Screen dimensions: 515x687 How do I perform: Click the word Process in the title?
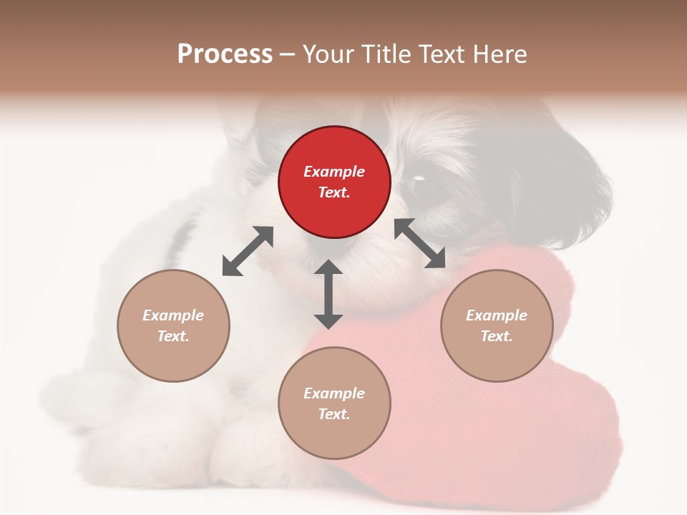(x=225, y=54)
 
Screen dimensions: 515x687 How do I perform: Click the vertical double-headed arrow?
(x=328, y=294)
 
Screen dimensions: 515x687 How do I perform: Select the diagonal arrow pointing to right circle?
(x=420, y=243)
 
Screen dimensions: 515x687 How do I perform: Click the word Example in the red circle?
(x=334, y=172)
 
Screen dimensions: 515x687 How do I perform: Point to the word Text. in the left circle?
(x=173, y=336)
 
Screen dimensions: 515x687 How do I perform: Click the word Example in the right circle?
(x=497, y=315)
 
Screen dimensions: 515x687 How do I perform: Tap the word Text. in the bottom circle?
(x=334, y=414)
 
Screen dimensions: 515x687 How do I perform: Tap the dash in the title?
(x=287, y=54)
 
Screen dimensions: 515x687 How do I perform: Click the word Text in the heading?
(x=444, y=54)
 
